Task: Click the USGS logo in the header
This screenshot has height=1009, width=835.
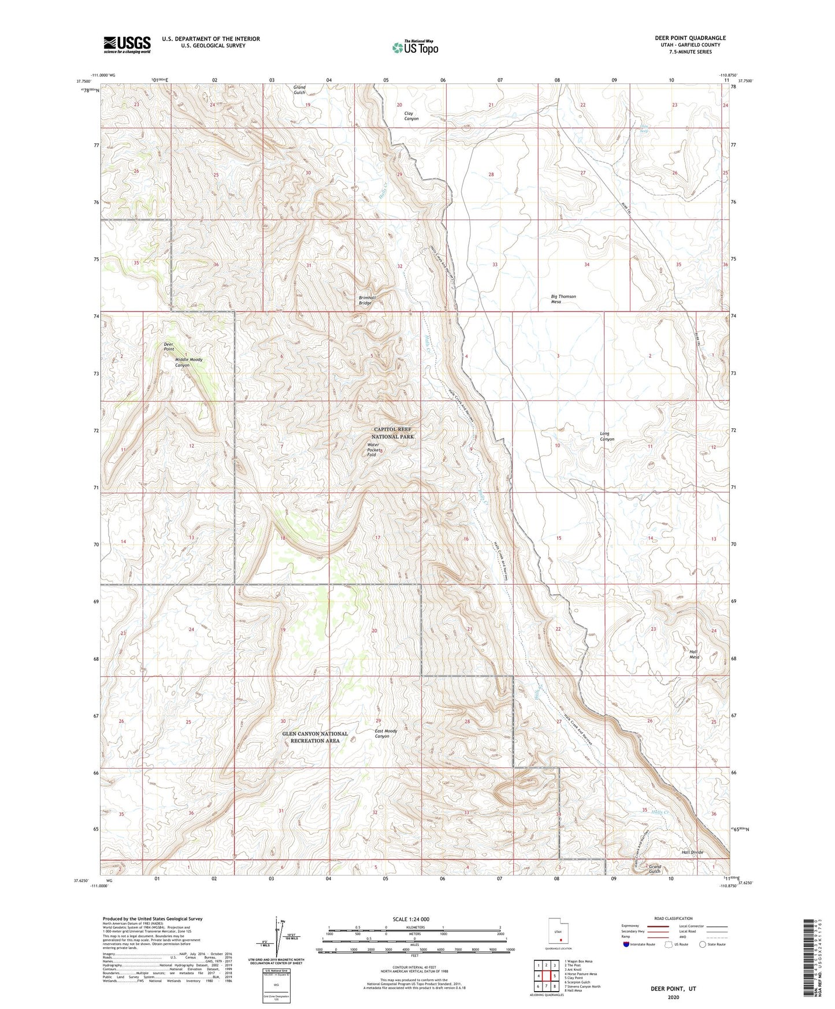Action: click(x=127, y=44)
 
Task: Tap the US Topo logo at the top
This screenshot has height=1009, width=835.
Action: click(x=415, y=47)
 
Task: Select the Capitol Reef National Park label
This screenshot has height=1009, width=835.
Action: click(x=394, y=433)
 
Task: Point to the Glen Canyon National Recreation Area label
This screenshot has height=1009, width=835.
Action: click(x=315, y=737)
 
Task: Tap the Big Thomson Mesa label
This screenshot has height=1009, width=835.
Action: click(x=563, y=299)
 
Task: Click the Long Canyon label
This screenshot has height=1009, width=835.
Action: click(x=606, y=436)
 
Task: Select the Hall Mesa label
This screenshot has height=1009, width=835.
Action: click(x=693, y=654)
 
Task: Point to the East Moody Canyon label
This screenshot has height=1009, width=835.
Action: click(x=385, y=733)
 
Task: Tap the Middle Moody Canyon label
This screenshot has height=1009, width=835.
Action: click(x=188, y=362)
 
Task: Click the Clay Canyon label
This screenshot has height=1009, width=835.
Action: click(x=411, y=116)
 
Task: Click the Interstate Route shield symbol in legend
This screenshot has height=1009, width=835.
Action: click(x=626, y=945)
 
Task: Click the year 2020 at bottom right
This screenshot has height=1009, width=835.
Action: click(x=673, y=997)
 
